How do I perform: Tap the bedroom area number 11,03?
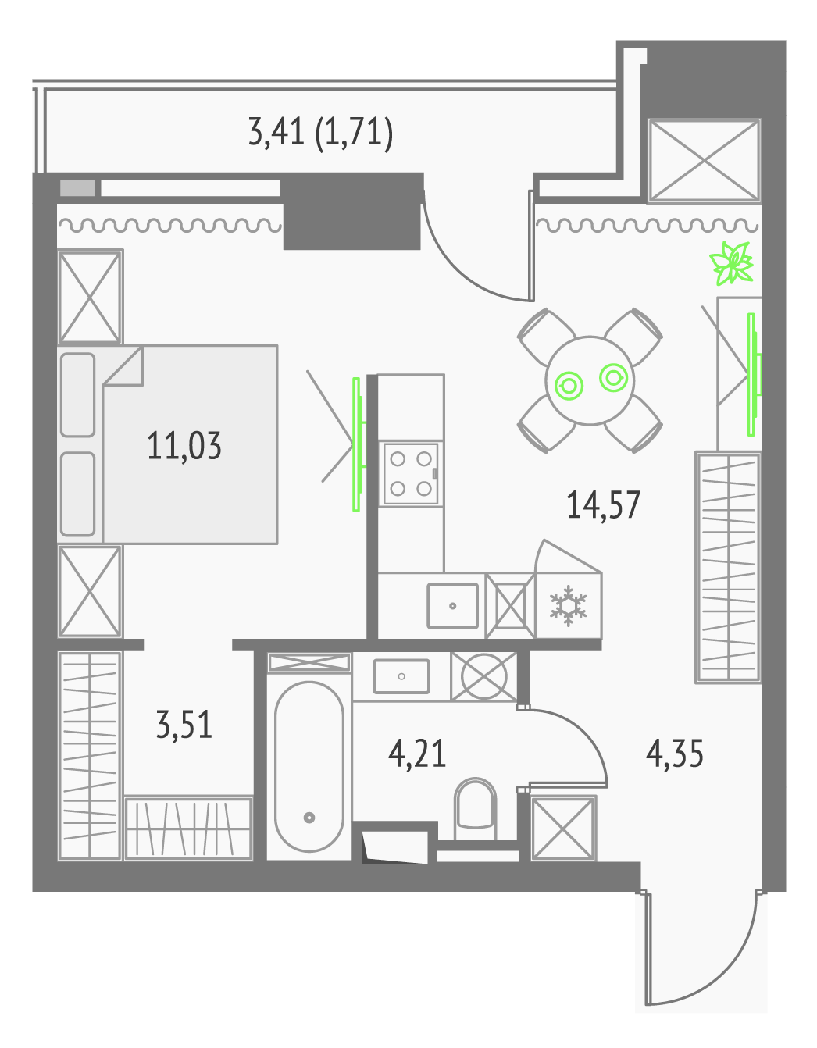pyautogui.click(x=184, y=446)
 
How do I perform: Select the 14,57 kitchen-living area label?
pyautogui.click(x=603, y=505)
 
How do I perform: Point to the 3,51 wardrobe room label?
pyautogui.click(x=184, y=725)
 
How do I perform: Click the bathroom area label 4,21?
pyautogui.click(x=417, y=754)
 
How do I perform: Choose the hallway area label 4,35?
pyautogui.click(x=674, y=754)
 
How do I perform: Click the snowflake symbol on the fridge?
pyautogui.click(x=569, y=606)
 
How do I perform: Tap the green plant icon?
pyautogui.click(x=732, y=263)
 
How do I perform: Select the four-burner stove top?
pyautogui.click(x=411, y=473)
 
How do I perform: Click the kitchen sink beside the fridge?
pyautogui.click(x=452, y=606)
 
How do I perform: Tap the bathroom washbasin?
pyautogui.click(x=401, y=676)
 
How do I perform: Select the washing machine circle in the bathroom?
pyautogui.click(x=483, y=676)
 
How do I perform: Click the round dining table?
pyautogui.click(x=590, y=381)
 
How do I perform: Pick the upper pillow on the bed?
pyautogui.click(x=77, y=395)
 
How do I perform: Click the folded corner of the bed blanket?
pyautogui.click(x=123, y=365)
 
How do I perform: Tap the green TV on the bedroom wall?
pyautogui.click(x=359, y=444)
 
